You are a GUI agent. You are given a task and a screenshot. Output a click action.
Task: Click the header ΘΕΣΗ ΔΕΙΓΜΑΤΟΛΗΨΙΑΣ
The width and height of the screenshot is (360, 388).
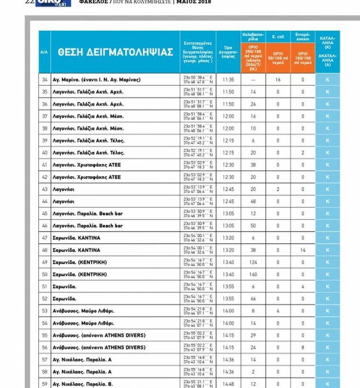pos(115,52)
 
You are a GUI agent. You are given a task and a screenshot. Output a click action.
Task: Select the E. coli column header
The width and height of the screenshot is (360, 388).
pos(278,36)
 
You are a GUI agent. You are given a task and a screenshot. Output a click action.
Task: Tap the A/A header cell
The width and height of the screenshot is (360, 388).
pos(44,52)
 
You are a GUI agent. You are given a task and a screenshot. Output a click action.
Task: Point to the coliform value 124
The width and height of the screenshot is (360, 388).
pos(253,262)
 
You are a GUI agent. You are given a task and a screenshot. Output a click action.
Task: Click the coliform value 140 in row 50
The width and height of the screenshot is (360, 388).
pos(253,274)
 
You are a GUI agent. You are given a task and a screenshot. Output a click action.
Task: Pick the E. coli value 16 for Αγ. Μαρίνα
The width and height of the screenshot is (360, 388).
pos(278,80)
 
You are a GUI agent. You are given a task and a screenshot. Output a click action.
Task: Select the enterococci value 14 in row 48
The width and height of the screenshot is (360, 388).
pos(303,250)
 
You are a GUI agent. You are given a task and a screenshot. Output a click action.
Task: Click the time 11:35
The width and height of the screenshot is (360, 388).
pos(228,80)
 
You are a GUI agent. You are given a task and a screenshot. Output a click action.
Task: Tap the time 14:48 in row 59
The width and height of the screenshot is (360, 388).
pos(228,384)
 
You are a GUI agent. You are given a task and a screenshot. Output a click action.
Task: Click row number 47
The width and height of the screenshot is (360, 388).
pos(45,238)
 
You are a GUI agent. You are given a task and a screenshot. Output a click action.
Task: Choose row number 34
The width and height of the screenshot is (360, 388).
pos(45,80)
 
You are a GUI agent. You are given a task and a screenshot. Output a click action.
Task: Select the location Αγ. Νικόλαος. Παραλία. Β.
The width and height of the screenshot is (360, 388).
pos(83,384)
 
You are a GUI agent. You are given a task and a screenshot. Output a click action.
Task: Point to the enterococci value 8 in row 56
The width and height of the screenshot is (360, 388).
pos(303,347)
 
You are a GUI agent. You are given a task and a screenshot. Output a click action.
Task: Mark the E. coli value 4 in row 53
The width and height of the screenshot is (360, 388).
pos(278,311)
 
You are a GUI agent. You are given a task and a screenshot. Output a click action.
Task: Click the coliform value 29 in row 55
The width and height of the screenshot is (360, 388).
pos(253,335)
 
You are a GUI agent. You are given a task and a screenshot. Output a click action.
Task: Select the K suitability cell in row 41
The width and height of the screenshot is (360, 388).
pos(327,165)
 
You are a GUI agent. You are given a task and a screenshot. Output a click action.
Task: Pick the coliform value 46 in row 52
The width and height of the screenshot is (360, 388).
pos(253,299)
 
